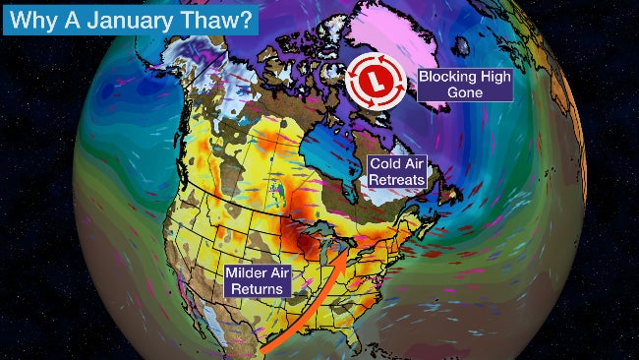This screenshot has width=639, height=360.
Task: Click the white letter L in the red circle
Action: coord(373,78)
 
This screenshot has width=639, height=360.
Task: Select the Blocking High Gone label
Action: coord(463,84)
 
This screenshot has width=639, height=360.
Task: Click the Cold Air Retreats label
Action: coord(396,174)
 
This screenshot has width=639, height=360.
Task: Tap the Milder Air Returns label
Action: coord(257,279)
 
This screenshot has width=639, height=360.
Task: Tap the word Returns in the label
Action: coord(258,288)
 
